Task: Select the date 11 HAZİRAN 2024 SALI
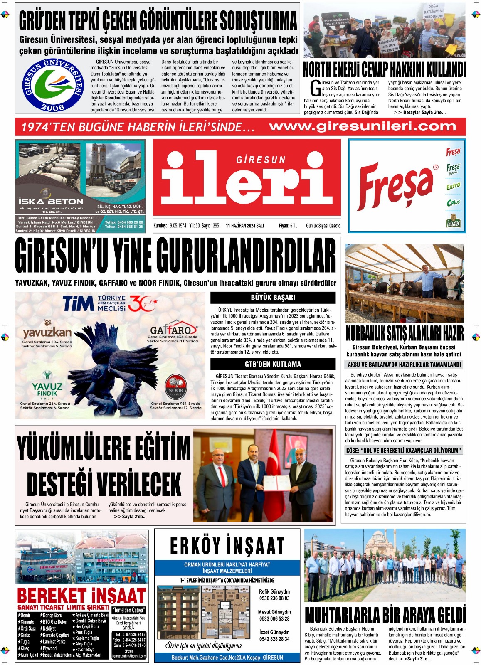[245, 226]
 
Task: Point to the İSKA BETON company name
[51, 202]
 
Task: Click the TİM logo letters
[78, 303]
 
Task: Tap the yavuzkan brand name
[47, 332]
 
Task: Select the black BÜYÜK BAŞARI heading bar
[273, 298]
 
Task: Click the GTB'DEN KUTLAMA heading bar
[273, 364]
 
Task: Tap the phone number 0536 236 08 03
[274, 598]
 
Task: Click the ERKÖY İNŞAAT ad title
[227, 546]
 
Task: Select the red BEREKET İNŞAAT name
[81, 596]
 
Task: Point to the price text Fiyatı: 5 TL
[288, 226]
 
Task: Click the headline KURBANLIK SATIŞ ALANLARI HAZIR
[404, 334]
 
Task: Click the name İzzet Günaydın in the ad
[274, 632]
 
